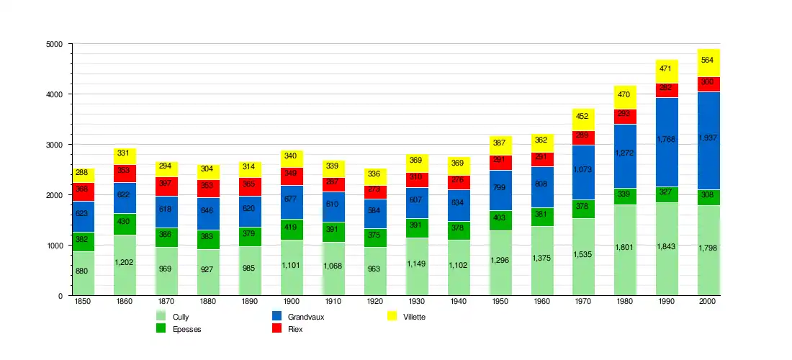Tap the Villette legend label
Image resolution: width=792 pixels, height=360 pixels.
click(414, 317)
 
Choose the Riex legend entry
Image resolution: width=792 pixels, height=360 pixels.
click(288, 329)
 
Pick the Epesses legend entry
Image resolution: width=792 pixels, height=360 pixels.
click(180, 329)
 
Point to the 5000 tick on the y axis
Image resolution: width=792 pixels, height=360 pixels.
click(53, 45)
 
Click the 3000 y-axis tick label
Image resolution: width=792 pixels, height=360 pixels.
click(53, 145)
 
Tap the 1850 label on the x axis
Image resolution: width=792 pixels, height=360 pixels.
click(83, 302)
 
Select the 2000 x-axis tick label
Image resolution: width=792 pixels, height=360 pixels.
click(708, 302)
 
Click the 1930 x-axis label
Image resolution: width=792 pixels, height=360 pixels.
click(417, 302)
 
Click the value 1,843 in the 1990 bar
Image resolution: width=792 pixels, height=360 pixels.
click(667, 248)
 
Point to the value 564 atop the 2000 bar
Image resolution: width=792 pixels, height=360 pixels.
click(708, 60)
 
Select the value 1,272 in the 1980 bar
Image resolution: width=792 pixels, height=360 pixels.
click(625, 153)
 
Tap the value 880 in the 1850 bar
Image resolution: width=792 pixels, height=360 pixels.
click(83, 271)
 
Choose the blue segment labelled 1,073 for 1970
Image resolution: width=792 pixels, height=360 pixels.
click(583, 170)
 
